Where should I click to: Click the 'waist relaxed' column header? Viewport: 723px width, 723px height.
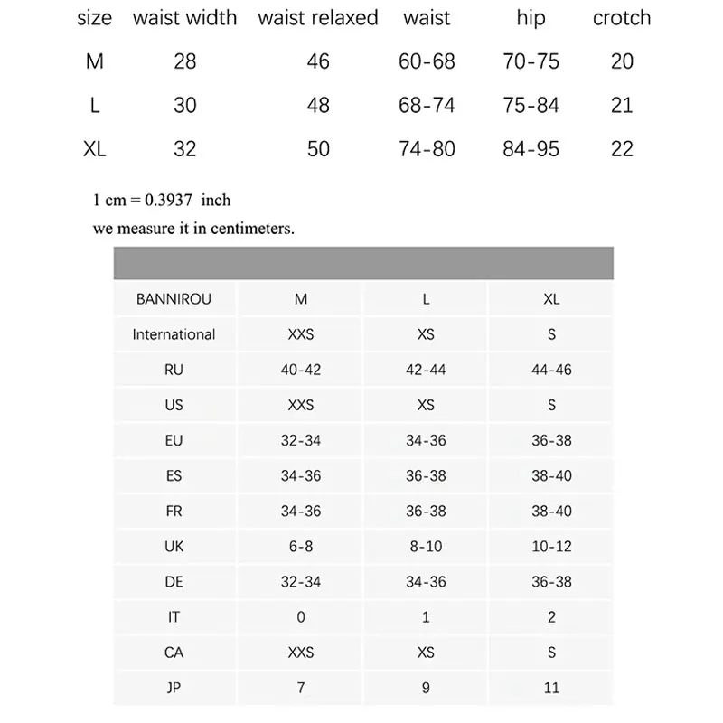pyautogui.click(x=318, y=18)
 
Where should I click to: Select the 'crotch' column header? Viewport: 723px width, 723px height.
pyautogui.click(x=622, y=18)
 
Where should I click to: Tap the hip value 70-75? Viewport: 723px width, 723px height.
pyautogui.click(x=531, y=61)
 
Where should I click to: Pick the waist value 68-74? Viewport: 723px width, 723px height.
pyautogui.click(x=427, y=105)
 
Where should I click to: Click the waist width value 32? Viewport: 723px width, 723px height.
pyautogui.click(x=184, y=148)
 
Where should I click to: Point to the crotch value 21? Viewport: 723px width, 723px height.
pyautogui.click(x=622, y=105)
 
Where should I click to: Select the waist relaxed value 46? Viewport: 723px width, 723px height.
pyautogui.click(x=318, y=61)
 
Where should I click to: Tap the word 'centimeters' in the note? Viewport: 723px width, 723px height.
pyautogui.click(x=252, y=229)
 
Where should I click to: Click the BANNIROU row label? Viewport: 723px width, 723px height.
pyautogui.click(x=174, y=299)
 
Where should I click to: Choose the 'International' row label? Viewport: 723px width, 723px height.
pyautogui.click(x=174, y=334)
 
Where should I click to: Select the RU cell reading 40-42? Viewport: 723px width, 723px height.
pyautogui.click(x=301, y=370)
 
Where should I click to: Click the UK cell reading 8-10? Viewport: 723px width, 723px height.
pyautogui.click(x=426, y=547)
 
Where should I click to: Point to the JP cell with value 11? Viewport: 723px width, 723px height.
pyautogui.click(x=551, y=688)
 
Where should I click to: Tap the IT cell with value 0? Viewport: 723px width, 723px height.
pyautogui.click(x=301, y=617)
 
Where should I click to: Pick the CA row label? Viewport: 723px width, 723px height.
pyautogui.click(x=174, y=653)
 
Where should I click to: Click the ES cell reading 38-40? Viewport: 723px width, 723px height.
pyautogui.click(x=551, y=476)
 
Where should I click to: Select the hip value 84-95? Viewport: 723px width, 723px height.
pyautogui.click(x=531, y=148)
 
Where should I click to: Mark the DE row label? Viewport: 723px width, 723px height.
pyautogui.click(x=174, y=582)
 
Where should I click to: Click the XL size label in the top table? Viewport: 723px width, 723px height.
pyautogui.click(x=95, y=148)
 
